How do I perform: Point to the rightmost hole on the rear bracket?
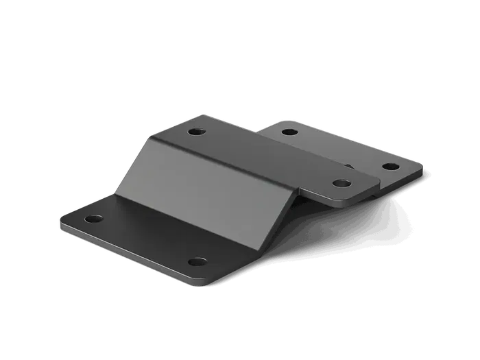[x=389, y=167]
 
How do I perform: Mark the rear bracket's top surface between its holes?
[x=336, y=147]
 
